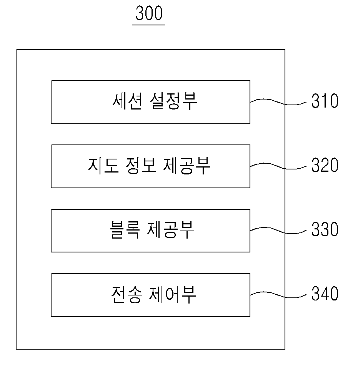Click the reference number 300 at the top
(149, 13)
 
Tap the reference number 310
(325, 101)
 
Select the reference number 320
(325, 165)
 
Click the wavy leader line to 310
(278, 102)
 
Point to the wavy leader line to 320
(278, 166)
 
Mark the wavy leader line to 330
(278, 231)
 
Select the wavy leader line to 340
(278, 295)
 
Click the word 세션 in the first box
(127, 101)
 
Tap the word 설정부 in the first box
(173, 101)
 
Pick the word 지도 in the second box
(103, 166)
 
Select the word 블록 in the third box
(125, 230)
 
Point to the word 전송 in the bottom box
(127, 294)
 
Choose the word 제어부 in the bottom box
(173, 294)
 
